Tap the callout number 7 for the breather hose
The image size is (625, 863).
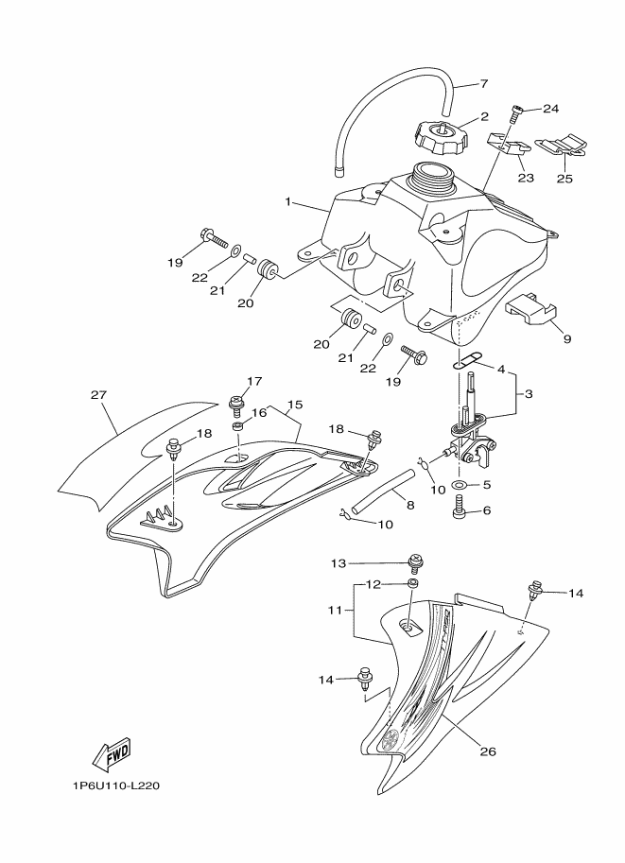click(x=484, y=84)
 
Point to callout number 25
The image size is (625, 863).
click(x=564, y=179)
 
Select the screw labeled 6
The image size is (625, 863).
click(x=459, y=509)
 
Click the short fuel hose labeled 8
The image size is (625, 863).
click(x=382, y=492)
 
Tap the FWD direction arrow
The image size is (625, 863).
click(x=112, y=753)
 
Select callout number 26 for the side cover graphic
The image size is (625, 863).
click(x=489, y=751)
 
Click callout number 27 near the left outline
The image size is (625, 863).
click(x=98, y=394)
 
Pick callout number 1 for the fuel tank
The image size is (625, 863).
click(x=286, y=202)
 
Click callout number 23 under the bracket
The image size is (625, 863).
click(x=526, y=177)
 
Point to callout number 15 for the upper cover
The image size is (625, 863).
click(x=295, y=405)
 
